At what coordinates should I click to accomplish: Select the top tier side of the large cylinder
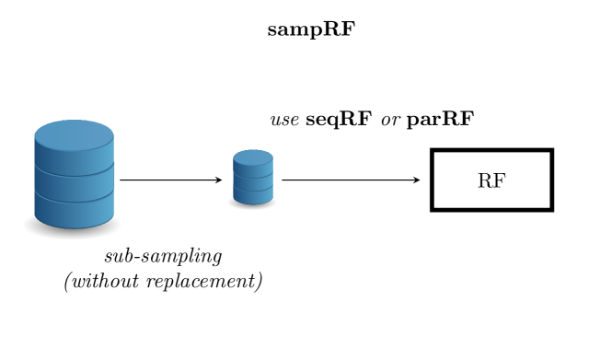pos(74,158)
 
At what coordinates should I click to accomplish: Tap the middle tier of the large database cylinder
pos(74,182)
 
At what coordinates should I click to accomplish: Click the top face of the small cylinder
pos(252,157)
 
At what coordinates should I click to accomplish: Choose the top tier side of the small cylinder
pos(252,169)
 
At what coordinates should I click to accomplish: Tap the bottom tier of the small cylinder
pos(252,195)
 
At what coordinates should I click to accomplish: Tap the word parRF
pos(441,117)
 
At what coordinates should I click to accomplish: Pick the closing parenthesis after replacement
pos(258,281)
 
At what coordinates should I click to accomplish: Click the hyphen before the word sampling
pos(134,258)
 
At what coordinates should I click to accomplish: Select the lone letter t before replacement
pos(135,281)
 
